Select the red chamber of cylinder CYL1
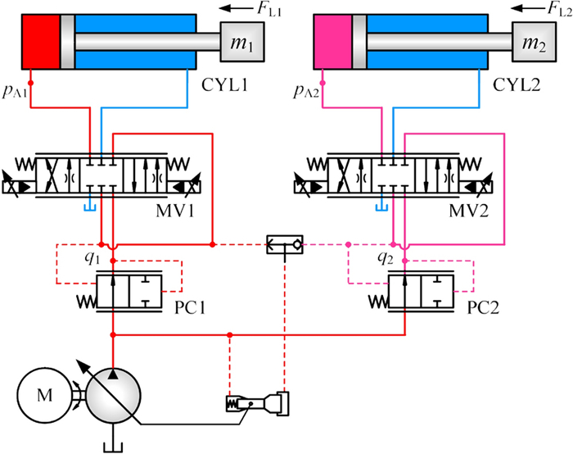(x=40, y=43)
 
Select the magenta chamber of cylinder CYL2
(x=332, y=43)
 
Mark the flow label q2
(x=384, y=257)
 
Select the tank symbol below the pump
(x=111, y=447)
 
